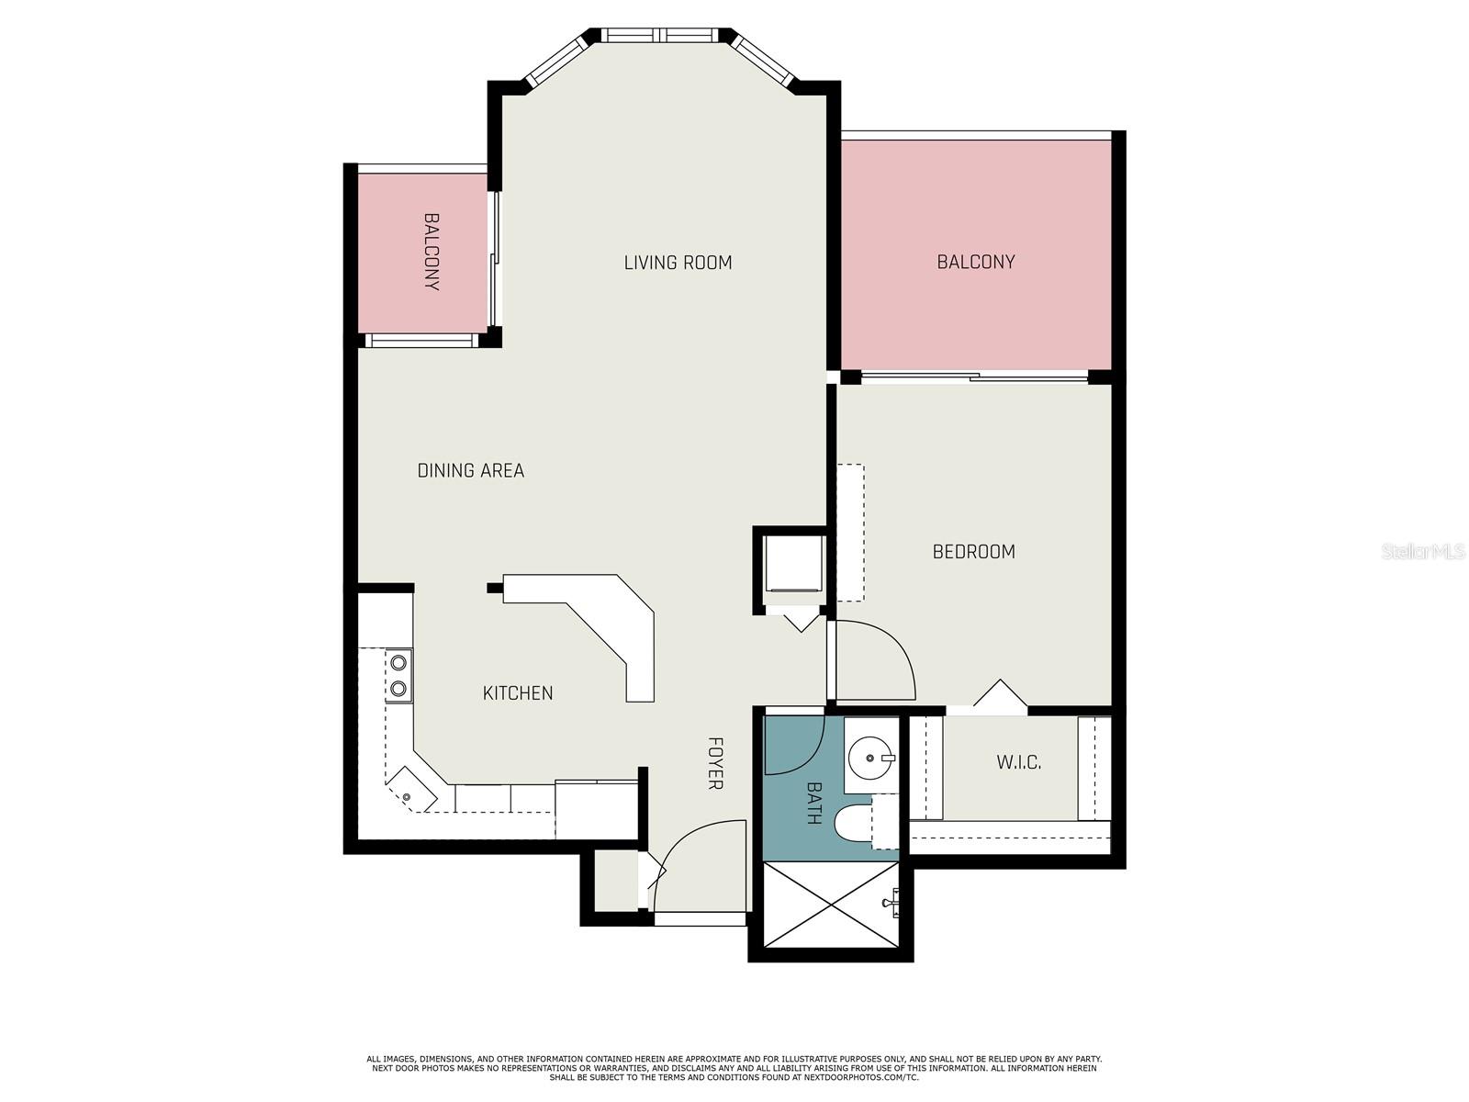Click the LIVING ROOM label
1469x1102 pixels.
tap(678, 263)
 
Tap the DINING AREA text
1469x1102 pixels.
tap(470, 470)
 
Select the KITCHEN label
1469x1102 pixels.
tap(518, 692)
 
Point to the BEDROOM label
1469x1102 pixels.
tap(973, 551)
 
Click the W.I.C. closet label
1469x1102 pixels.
tap(1019, 762)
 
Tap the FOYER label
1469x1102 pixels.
tap(715, 762)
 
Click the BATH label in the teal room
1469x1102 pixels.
tap(813, 803)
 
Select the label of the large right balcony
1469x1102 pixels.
tap(975, 262)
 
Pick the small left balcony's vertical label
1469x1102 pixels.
tap(432, 252)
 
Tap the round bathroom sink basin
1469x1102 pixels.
tap(868, 759)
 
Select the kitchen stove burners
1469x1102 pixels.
tap(398, 675)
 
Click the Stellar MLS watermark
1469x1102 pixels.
tap(1423, 551)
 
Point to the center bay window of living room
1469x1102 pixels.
tap(659, 36)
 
